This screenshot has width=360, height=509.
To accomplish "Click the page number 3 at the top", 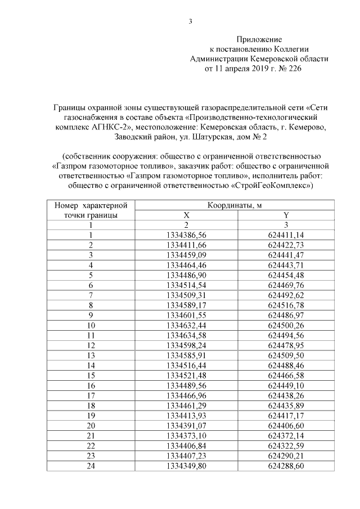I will (190, 22).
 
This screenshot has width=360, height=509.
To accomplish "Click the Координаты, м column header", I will (235, 205).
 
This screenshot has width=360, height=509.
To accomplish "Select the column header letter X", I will (187, 215).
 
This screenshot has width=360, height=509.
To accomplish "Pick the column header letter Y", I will (286, 215).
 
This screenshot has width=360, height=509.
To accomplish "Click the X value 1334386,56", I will (187, 235).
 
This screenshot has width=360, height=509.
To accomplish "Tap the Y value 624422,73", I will (286, 244).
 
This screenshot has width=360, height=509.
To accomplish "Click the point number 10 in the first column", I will (91, 325).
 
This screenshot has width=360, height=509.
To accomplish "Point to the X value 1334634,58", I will (187, 335).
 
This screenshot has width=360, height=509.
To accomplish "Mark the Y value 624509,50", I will (286, 355).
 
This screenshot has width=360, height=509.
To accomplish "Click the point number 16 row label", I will (91, 385).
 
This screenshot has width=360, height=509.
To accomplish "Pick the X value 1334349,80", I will (187, 466).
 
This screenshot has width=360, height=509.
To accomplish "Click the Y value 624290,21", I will (286, 456).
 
